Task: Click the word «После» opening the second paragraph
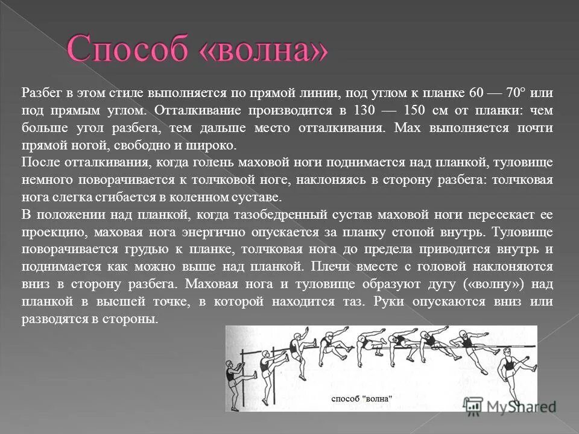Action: pos(37,163)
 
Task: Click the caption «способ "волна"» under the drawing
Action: pos(362,398)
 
